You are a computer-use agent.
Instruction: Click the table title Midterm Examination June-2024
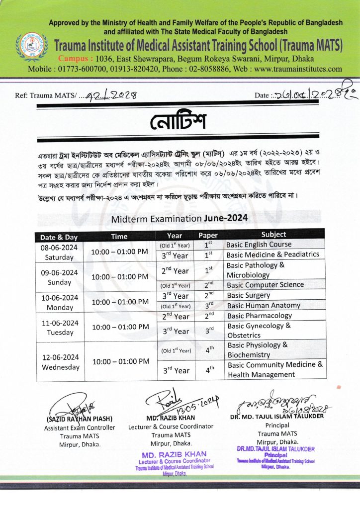pyautogui.click(x=179, y=218)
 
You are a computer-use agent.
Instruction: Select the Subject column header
pyautogui.click(x=273, y=234)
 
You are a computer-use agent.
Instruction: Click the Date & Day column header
pyautogui.click(x=59, y=237)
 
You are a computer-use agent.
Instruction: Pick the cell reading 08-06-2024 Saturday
pyautogui.click(x=59, y=253)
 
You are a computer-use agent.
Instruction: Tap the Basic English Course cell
pyautogui.click(x=259, y=245)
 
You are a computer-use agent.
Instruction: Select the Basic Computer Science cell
pyautogui.click(x=265, y=285)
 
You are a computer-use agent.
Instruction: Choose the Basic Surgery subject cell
pyautogui.click(x=249, y=295)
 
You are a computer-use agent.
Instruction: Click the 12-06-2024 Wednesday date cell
pyautogui.click(x=59, y=362)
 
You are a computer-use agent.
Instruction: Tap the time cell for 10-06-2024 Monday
pyautogui.click(x=119, y=301)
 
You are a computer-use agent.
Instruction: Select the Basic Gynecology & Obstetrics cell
pyautogui.click(x=259, y=331)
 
